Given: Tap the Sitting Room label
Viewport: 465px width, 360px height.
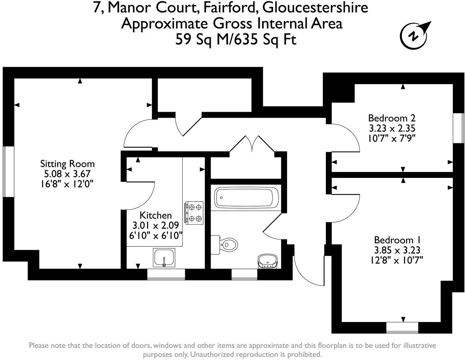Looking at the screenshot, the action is (68, 164).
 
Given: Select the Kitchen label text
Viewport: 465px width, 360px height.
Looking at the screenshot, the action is (155, 215).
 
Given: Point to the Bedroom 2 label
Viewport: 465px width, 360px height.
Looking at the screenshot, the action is (392, 118).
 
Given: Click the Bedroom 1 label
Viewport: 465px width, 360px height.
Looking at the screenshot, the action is (397, 240).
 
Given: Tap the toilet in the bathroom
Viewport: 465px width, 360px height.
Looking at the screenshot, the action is (224, 245).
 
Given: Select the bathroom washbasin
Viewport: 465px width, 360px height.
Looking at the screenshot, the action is (268, 261).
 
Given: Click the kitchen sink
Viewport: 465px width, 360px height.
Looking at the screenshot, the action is (164, 258).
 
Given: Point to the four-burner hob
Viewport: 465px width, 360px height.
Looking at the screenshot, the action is (194, 213).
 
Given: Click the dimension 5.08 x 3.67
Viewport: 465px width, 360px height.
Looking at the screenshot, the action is (67, 174).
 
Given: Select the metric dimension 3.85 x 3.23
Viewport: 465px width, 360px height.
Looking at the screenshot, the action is (397, 250).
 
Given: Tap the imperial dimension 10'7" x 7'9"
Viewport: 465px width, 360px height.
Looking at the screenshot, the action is (392, 139).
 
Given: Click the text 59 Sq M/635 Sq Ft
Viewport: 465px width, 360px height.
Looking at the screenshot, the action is (236, 40).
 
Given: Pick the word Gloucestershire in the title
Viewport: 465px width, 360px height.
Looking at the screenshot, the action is (315, 8).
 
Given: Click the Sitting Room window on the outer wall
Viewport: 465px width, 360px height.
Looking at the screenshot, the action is (8, 172).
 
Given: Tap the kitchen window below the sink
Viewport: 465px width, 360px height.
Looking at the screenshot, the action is (166, 274).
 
